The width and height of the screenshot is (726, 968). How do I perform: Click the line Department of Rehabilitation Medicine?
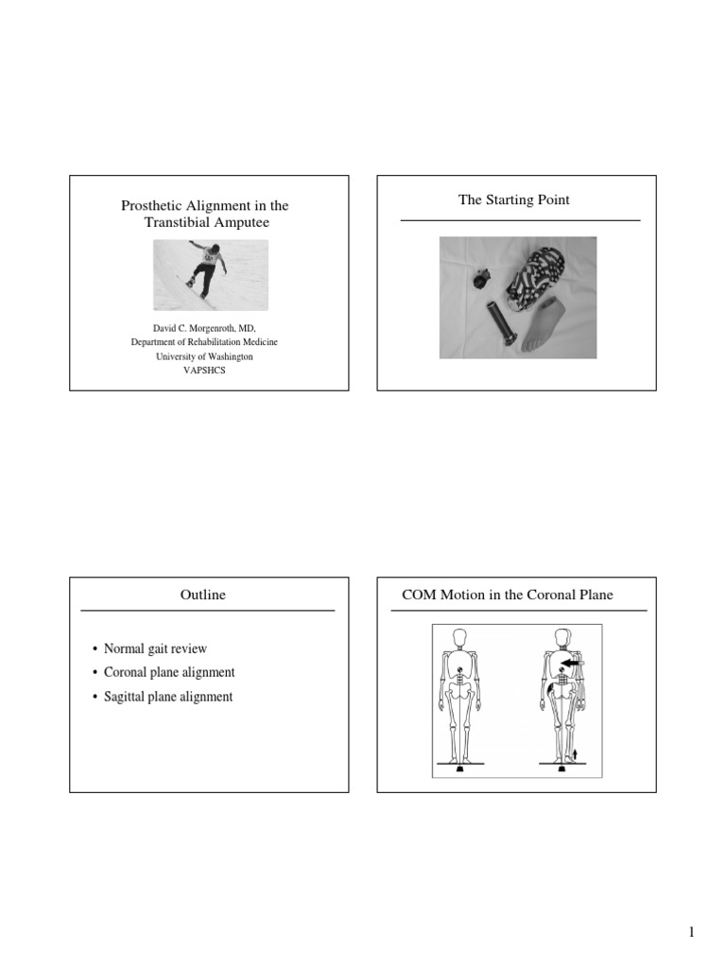coord(204,342)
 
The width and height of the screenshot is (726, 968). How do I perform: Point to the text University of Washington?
coord(204,357)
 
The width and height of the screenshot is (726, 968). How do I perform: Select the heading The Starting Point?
coord(514,199)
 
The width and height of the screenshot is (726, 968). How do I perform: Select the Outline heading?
coord(203,595)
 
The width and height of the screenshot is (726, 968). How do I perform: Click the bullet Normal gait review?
coord(156,648)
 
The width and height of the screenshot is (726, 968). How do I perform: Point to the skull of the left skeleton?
coord(460,637)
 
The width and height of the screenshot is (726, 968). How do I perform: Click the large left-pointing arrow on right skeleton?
coord(573,664)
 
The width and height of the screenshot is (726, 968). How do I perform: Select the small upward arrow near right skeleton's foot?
coord(575,753)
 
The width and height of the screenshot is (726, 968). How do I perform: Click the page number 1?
coord(691,933)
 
